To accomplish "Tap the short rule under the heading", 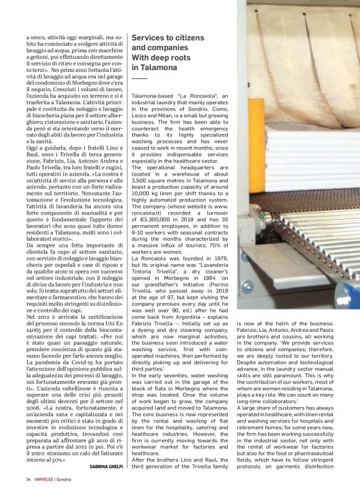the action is (x=140, y=78).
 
